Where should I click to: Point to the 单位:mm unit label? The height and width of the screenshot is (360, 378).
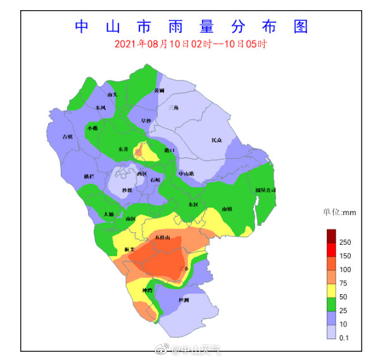(340, 213)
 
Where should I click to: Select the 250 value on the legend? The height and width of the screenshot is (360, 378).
(345, 242)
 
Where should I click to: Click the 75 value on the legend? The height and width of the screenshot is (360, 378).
(345, 283)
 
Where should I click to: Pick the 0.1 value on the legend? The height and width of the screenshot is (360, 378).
(345, 337)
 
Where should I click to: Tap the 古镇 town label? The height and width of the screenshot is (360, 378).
(67, 136)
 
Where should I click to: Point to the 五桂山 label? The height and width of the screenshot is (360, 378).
(163, 238)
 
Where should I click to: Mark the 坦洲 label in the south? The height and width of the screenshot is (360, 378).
(184, 299)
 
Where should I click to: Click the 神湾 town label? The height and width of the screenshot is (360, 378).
(148, 290)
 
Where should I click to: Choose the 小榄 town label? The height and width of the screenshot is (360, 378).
(93, 128)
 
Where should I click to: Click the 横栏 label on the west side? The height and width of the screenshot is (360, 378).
(89, 176)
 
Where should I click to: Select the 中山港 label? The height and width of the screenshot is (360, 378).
(186, 173)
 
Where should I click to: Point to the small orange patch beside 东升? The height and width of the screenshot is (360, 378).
(138, 151)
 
